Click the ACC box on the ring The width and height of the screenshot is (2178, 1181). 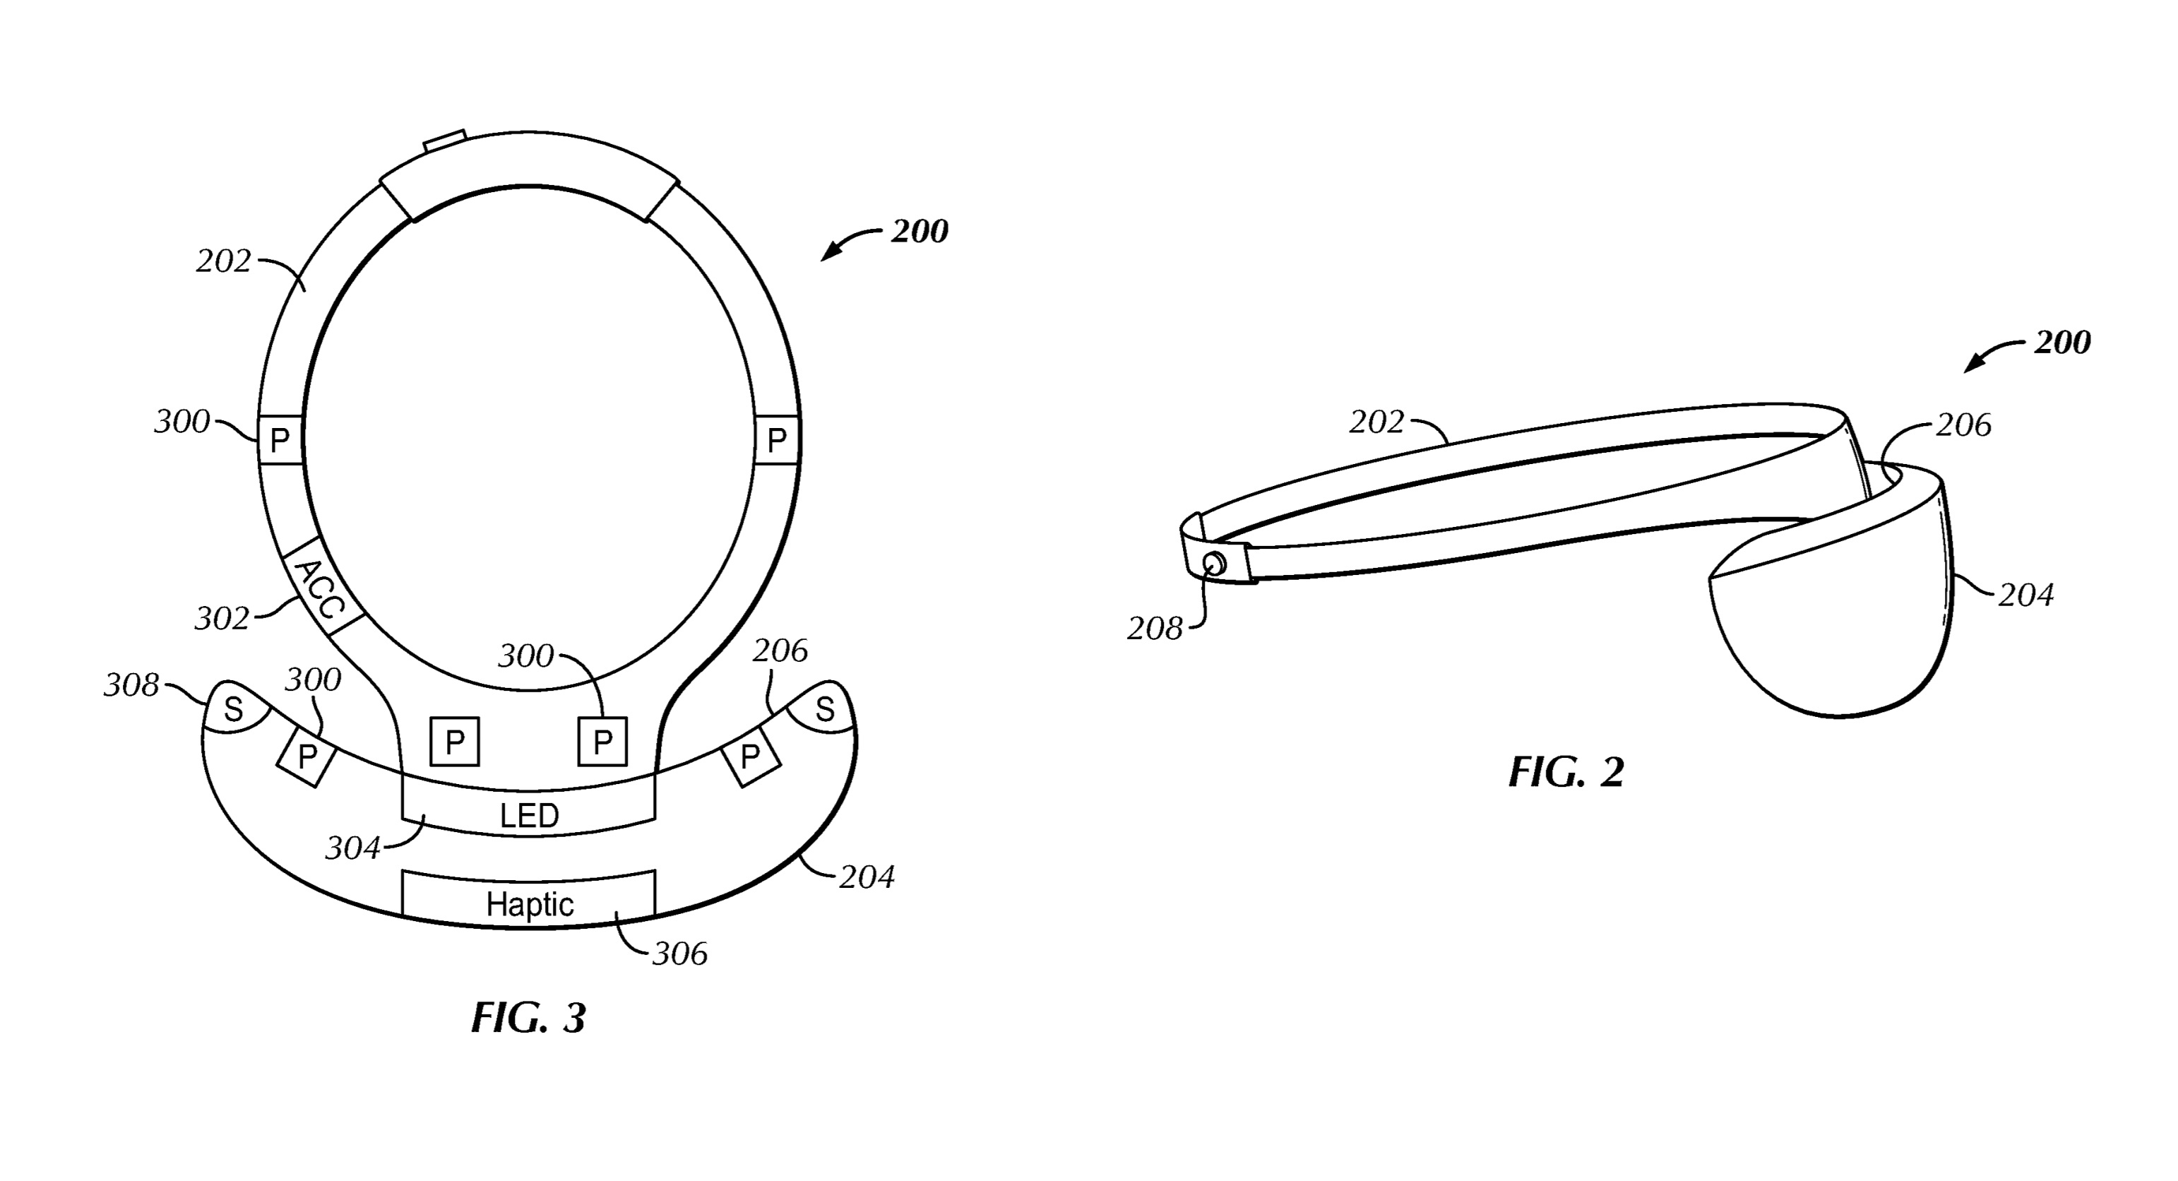(x=322, y=588)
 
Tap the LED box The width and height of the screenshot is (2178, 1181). (x=528, y=815)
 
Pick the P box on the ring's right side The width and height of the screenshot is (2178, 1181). (x=776, y=439)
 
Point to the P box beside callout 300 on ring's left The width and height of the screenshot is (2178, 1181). (x=280, y=439)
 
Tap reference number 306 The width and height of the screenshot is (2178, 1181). (x=680, y=954)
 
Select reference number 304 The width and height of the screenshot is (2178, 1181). (x=353, y=848)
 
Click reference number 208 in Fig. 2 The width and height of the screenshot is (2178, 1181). (x=1154, y=629)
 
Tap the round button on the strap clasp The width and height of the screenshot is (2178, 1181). (x=1214, y=563)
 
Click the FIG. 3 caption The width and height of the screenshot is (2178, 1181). (x=528, y=1018)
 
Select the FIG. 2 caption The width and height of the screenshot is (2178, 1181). (x=1566, y=773)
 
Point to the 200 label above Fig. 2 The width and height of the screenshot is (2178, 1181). (x=2062, y=343)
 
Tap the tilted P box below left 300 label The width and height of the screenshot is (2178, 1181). (x=306, y=755)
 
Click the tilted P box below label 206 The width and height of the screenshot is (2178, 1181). (x=749, y=755)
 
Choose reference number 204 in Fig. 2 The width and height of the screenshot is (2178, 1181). (x=2026, y=596)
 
